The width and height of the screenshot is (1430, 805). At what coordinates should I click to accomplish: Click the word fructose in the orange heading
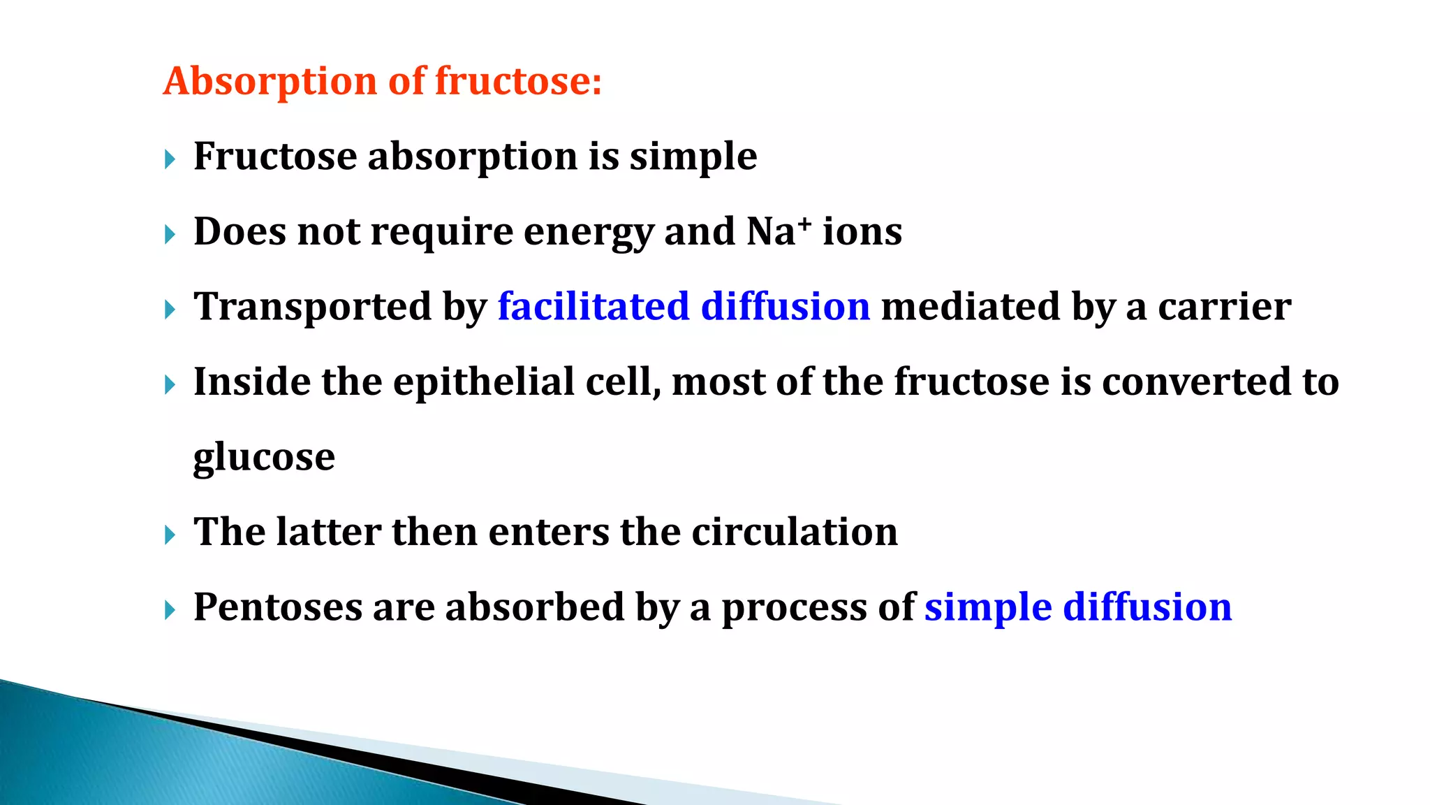[x=517, y=81]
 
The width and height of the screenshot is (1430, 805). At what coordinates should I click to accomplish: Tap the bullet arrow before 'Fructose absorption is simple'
[x=170, y=160]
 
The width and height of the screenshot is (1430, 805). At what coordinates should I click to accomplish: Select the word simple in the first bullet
[x=693, y=157]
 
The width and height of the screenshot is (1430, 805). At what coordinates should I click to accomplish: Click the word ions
[x=862, y=232]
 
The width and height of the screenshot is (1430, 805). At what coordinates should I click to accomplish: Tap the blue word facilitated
[x=594, y=307]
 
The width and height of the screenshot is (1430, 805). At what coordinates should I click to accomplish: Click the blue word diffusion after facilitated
[x=786, y=307]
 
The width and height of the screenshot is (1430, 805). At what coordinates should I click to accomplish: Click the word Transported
[x=312, y=307]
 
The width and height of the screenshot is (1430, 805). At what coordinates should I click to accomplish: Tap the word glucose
[x=264, y=458]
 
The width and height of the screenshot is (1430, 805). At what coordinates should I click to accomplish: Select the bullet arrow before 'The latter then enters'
[x=170, y=536]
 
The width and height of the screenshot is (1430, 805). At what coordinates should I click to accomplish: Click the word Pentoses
[x=278, y=607]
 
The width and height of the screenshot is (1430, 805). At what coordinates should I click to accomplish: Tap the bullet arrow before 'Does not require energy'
[x=170, y=235]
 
